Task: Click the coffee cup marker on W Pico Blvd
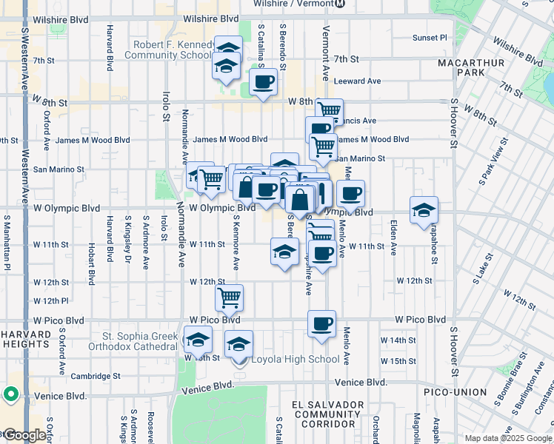(322, 324)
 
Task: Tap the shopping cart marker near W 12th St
(230, 297)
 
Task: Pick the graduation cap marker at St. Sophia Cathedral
(198, 340)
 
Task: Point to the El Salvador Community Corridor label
(328, 414)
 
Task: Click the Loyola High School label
(296, 360)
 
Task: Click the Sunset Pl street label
(430, 37)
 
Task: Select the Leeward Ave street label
(357, 81)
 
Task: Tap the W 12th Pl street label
(51, 301)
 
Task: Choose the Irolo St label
(165, 106)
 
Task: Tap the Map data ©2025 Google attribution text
(508, 438)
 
